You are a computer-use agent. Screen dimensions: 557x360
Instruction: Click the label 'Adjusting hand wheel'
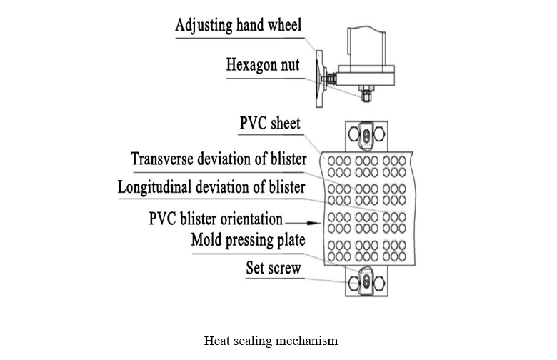click(x=239, y=25)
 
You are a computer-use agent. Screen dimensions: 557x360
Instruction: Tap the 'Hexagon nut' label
click(x=263, y=65)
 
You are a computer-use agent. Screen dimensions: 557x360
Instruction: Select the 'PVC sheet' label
click(x=270, y=124)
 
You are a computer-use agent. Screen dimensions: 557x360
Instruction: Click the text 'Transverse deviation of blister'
click(x=219, y=159)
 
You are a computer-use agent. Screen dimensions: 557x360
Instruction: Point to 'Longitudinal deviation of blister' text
click(x=211, y=187)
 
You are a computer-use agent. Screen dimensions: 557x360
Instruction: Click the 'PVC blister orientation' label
click(x=216, y=219)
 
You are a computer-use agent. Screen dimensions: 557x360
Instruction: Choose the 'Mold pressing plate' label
click(x=248, y=240)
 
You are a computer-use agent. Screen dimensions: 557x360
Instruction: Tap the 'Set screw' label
click(x=274, y=268)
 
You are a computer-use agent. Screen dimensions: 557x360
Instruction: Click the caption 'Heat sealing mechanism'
click(x=271, y=341)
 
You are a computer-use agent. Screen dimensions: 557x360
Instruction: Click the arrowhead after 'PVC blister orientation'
click(x=314, y=223)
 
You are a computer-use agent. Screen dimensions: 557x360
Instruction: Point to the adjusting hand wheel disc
click(x=319, y=79)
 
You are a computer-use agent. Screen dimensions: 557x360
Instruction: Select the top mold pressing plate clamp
click(x=366, y=135)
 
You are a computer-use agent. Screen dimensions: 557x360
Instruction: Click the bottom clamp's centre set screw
click(x=366, y=283)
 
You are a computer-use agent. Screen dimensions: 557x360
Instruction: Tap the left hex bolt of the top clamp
click(x=353, y=134)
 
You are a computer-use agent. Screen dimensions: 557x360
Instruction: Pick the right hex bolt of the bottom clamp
click(x=379, y=284)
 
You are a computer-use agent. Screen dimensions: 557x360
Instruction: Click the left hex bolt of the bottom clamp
click(x=353, y=284)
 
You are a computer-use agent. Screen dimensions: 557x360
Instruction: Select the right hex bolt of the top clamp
click(x=379, y=134)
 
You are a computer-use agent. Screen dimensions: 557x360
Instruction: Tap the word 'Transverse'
click(x=162, y=159)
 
